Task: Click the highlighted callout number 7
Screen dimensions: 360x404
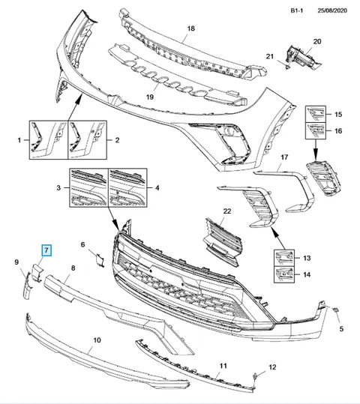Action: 46,250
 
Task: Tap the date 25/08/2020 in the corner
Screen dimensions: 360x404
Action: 332,10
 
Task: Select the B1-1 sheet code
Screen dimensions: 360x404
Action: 297,10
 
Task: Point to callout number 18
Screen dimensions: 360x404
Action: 190,28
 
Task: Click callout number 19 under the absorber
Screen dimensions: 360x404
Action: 150,97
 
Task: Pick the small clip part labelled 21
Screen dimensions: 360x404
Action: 286,67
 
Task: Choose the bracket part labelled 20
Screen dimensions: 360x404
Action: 302,57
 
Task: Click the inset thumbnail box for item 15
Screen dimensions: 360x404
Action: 316,114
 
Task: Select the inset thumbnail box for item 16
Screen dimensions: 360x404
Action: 316,131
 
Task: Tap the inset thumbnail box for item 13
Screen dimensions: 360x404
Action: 284,258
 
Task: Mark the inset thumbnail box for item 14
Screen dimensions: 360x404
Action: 284,274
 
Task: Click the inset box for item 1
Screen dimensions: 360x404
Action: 49,140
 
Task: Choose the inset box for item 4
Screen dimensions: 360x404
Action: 128,188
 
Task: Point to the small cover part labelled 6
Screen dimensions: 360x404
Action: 100,259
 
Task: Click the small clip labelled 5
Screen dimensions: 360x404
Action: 336,310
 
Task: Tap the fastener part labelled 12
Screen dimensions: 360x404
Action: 255,377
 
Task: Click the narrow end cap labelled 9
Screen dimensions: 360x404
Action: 27,286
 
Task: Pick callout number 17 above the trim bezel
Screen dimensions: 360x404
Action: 284,157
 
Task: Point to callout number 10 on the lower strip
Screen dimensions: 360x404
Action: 97,340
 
